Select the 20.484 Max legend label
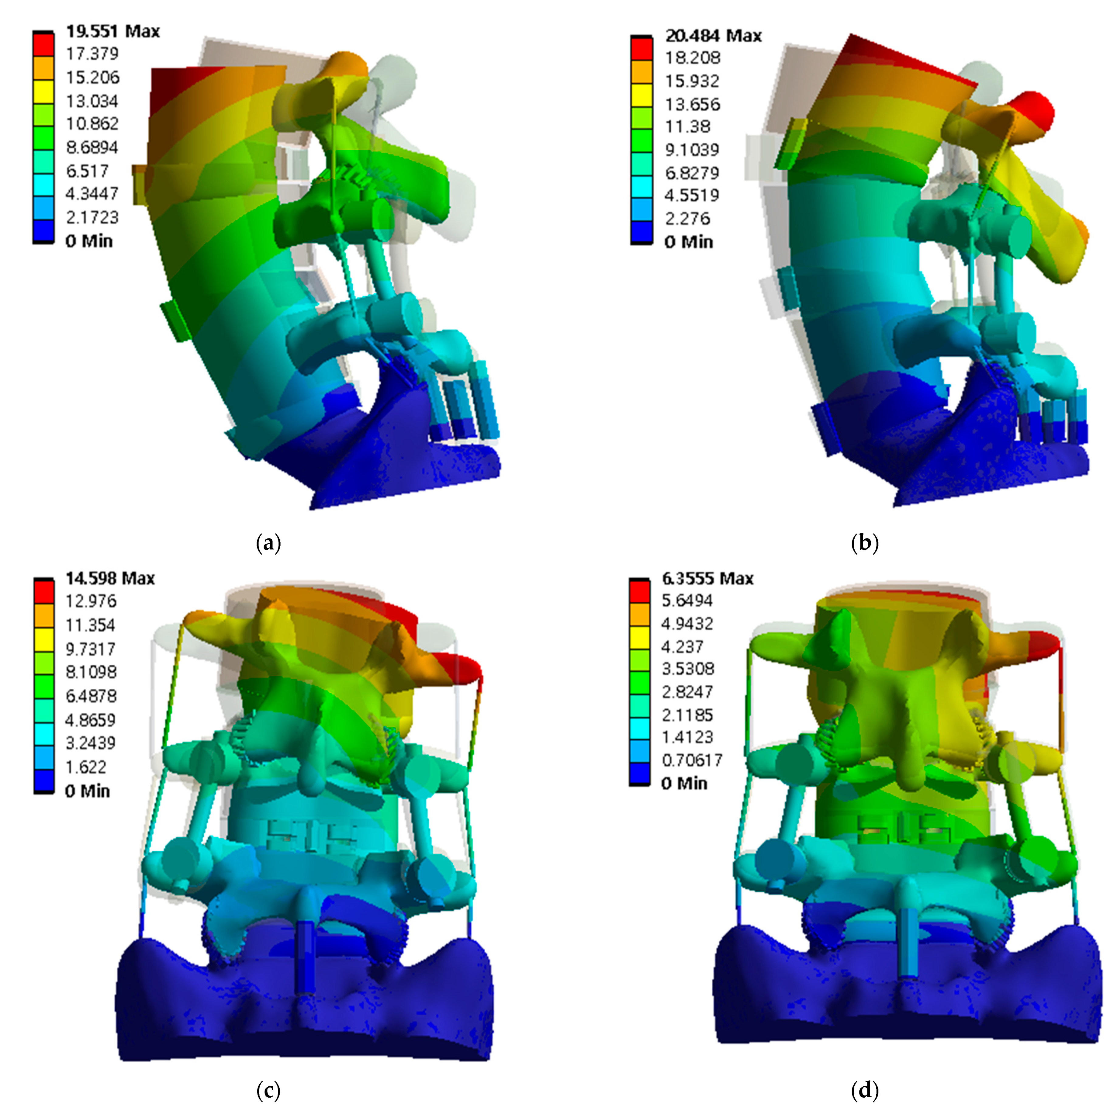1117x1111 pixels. tap(713, 36)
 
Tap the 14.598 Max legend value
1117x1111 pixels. tap(110, 578)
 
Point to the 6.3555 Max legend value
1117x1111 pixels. tap(707, 578)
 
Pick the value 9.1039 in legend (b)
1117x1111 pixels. tap(691, 150)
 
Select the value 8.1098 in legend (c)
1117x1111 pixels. tap(91, 672)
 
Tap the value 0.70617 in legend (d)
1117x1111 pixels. tap(691, 760)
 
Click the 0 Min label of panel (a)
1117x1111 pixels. tap(89, 241)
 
